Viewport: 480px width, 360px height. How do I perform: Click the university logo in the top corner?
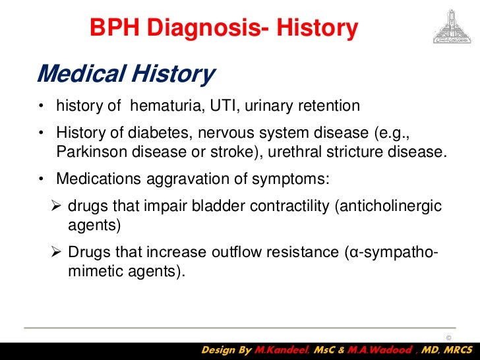450,26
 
